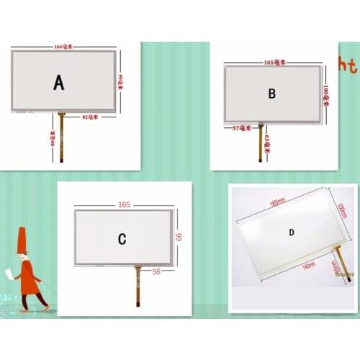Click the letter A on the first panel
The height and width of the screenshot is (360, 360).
point(59,83)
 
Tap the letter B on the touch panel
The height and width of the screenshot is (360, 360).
point(272,94)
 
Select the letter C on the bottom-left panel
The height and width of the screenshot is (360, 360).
point(122,238)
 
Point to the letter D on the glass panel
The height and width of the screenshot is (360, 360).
point(292,232)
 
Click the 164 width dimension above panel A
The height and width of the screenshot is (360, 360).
point(63,47)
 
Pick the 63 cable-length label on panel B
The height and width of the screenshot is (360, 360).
point(266,142)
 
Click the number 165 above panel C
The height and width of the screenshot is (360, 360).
point(125,205)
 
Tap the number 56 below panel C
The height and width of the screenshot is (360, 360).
point(157,271)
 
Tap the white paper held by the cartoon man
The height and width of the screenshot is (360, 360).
point(9,274)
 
